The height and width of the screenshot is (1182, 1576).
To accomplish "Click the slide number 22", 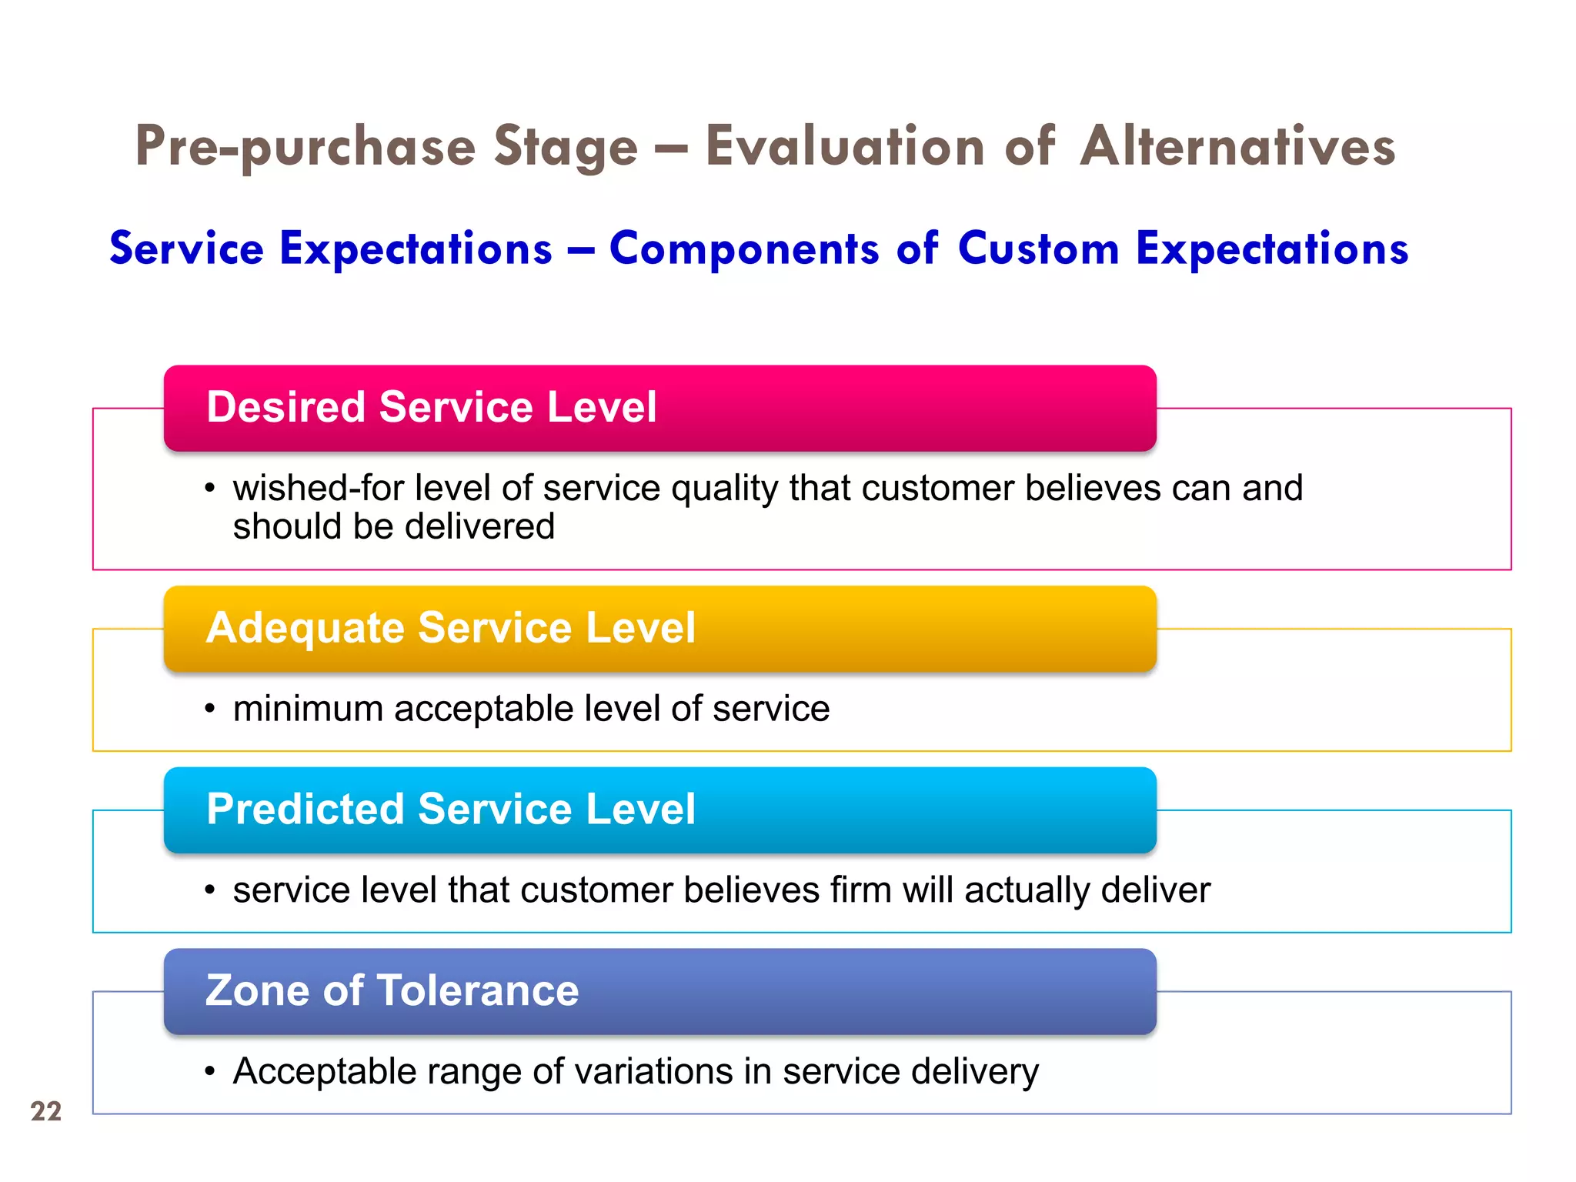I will click(x=46, y=1111).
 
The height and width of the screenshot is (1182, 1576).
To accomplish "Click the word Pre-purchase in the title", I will click(x=306, y=146).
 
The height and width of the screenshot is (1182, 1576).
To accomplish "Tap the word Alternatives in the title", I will click(x=1237, y=146).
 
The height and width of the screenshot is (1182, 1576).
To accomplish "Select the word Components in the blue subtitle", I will click(x=743, y=249).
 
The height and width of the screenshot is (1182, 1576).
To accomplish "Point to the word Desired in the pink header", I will click(x=285, y=406).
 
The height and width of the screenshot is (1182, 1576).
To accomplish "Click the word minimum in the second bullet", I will click(x=308, y=708).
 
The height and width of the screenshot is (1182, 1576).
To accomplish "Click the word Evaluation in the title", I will click(x=845, y=146).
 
